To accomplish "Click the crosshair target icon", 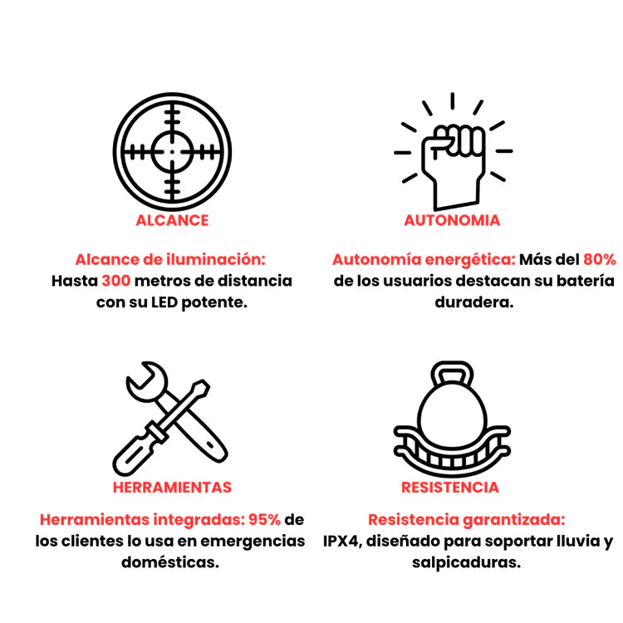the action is pyautogui.click(x=172, y=152).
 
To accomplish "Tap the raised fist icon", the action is pyautogui.click(x=454, y=152).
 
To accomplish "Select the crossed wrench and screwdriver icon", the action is pyautogui.click(x=170, y=419).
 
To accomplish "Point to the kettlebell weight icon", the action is pyautogui.click(x=452, y=419).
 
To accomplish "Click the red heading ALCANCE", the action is pyautogui.click(x=172, y=220).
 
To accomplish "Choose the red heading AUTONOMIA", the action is pyautogui.click(x=452, y=220).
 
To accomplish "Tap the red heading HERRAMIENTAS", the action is pyautogui.click(x=172, y=488).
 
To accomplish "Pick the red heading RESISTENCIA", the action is pyautogui.click(x=449, y=488).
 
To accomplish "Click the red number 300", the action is pyautogui.click(x=116, y=281).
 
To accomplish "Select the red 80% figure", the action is pyautogui.click(x=600, y=259).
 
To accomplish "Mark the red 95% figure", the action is pyautogui.click(x=265, y=520).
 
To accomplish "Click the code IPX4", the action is pyautogui.click(x=341, y=541).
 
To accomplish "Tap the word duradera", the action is pyautogui.click(x=474, y=302).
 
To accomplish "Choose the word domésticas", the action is pyautogui.click(x=170, y=562).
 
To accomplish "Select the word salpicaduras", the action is pyautogui.click(x=466, y=563).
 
